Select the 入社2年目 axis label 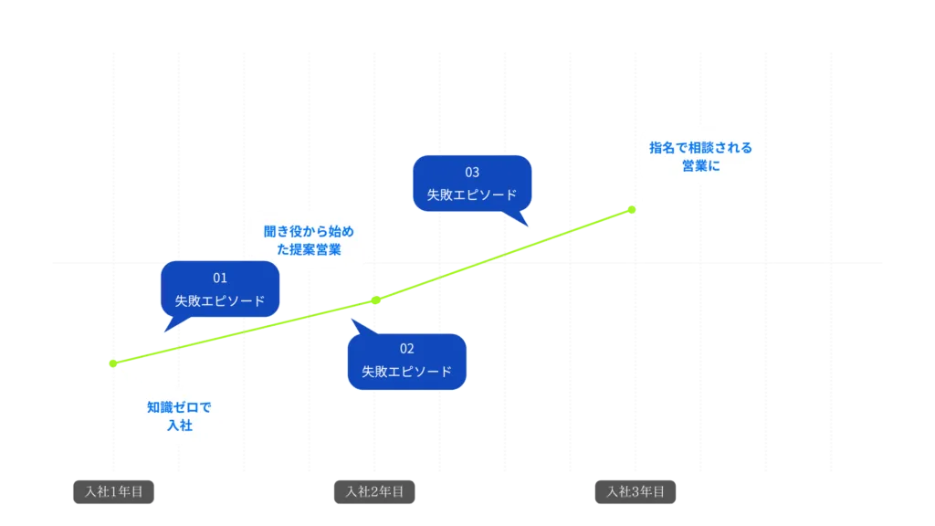point(373,491)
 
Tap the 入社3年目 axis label point(636,491)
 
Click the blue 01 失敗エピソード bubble point(220,289)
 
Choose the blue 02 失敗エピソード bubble point(406,361)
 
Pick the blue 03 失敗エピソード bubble point(472,184)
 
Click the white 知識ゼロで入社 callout point(179,416)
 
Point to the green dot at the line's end point(632,210)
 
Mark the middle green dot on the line point(374,299)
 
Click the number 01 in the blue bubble point(220,278)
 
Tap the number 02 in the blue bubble point(406,349)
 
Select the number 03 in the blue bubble point(472,172)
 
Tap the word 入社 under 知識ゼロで point(179,426)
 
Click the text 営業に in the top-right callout point(700,166)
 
